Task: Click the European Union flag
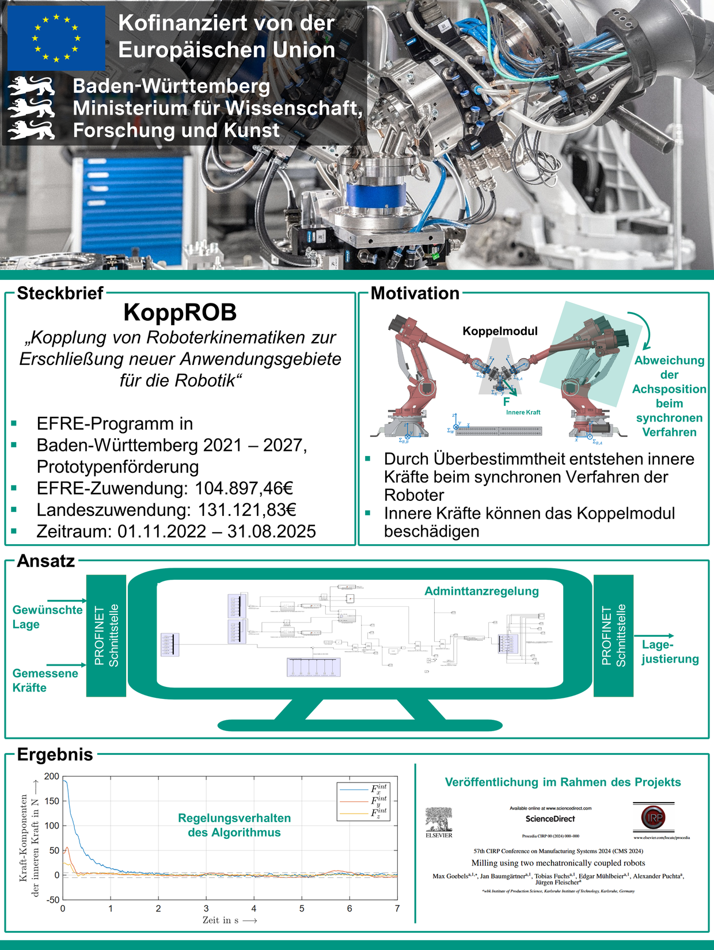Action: coord(56,38)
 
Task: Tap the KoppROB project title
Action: coord(180,313)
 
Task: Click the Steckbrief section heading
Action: coord(60,293)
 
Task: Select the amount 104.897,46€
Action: coord(244,488)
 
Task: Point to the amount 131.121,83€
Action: coord(247,510)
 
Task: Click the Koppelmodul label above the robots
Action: coord(500,331)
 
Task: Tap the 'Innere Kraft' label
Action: coord(523,412)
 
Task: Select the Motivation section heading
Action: coord(415,293)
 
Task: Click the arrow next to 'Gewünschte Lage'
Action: coord(67,601)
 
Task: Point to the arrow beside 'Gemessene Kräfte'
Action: coord(67,664)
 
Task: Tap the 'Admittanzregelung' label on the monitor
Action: coord(481,591)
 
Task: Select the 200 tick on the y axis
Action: coord(52,777)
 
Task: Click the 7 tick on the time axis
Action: coord(397,909)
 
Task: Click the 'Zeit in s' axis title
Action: coord(229,920)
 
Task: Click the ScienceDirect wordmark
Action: coord(550,819)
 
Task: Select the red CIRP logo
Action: coord(653,817)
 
